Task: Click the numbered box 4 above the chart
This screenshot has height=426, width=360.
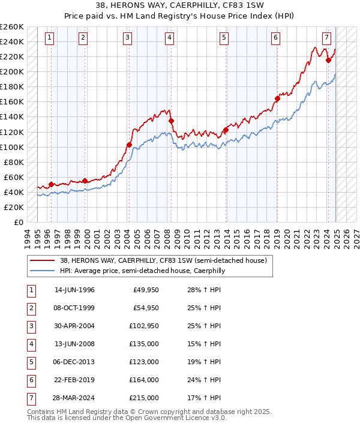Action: (x=170, y=38)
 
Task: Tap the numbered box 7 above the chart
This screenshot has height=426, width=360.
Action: (x=326, y=38)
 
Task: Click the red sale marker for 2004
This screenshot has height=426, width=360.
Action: (x=129, y=145)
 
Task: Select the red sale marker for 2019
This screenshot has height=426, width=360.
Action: (x=277, y=98)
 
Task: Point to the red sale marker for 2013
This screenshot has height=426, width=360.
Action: (x=226, y=130)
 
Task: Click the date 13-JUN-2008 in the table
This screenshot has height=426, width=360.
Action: (x=74, y=344)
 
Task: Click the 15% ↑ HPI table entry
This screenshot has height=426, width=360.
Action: (x=203, y=344)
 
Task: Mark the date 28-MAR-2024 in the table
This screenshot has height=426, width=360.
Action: (x=74, y=398)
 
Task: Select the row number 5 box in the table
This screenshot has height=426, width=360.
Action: (x=31, y=362)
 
